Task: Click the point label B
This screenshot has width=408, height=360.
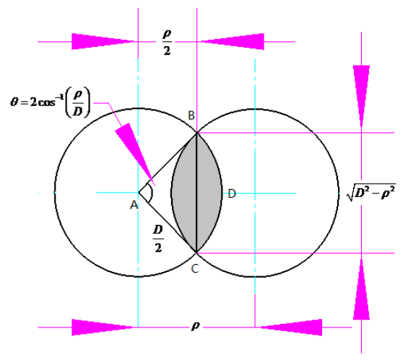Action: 191,115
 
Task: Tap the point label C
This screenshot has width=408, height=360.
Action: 195,268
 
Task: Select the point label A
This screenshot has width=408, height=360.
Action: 134,205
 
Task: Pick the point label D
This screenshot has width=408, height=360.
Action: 232,193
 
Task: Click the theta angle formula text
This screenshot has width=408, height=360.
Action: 51,102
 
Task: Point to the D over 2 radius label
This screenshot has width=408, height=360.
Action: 158,239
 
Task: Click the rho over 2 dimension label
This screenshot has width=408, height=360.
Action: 167,43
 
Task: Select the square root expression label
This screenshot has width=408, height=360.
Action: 371,193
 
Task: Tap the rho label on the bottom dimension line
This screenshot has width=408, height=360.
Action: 196,326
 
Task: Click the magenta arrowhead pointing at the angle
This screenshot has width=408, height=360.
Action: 135,154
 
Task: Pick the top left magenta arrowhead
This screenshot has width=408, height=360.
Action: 103,41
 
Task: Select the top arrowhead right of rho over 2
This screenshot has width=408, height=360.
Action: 233,41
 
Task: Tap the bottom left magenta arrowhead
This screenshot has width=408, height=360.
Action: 103,328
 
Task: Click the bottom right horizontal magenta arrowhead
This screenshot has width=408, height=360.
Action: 291,328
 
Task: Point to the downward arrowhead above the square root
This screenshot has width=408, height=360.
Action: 361,96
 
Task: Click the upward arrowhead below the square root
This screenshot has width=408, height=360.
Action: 361,289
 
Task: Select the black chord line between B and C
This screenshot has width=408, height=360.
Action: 196,193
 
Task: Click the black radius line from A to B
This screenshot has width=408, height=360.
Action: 168,163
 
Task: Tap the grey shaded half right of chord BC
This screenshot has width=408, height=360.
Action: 209,193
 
